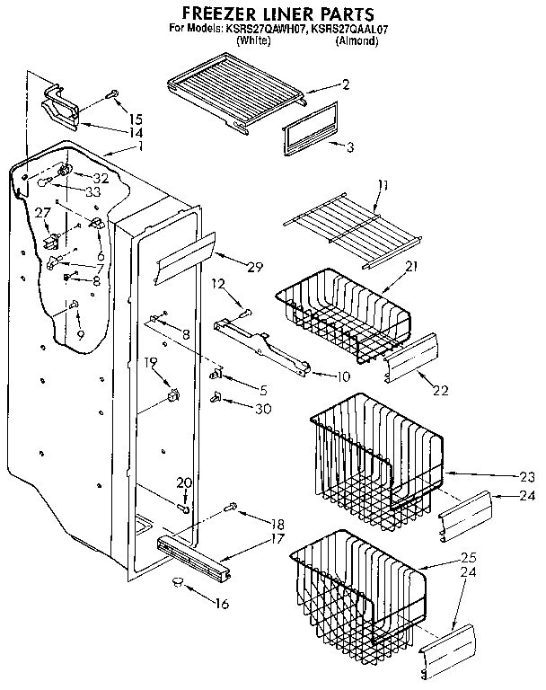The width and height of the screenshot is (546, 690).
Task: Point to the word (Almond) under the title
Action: coord(357,41)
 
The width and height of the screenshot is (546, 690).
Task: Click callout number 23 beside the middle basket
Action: coord(527,476)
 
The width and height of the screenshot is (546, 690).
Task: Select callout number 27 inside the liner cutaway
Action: coord(41,213)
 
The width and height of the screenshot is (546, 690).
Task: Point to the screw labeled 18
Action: coord(232,508)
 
